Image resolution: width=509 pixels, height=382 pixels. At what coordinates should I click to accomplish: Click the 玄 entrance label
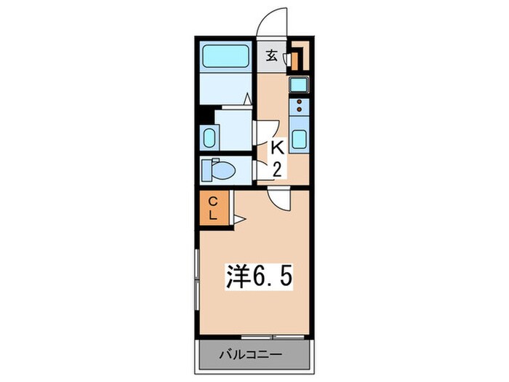pos(270,55)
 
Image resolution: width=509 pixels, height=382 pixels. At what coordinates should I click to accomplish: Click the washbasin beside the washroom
pos(209,137)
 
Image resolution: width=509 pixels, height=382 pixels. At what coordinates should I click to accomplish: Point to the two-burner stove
pos(299,108)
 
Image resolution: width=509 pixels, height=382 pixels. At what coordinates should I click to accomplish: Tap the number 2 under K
pos(277,170)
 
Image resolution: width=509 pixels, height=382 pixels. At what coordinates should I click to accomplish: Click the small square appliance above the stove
pos(299,84)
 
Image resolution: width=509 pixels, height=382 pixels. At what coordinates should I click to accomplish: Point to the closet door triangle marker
pos(239,218)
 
